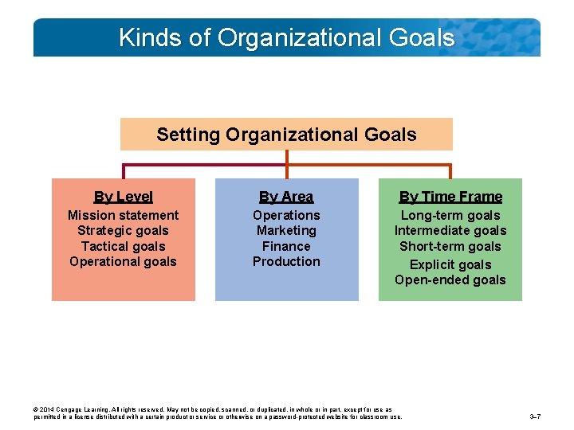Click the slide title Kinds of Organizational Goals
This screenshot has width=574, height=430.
coord(286,37)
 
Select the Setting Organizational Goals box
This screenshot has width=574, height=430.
coord(286,135)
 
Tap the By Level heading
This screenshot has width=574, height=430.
coord(123,197)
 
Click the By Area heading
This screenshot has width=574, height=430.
coord(286,197)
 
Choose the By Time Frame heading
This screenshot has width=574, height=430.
coord(450,197)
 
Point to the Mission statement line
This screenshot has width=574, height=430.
coord(123,215)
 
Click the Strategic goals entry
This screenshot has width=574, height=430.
coord(123,231)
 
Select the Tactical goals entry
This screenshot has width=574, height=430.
coord(123,246)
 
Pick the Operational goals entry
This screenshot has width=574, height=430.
coord(123,261)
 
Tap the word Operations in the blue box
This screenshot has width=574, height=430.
coord(286,215)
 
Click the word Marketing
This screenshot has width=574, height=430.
coord(286,231)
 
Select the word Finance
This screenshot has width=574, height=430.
coord(286,246)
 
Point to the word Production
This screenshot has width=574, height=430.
coord(286,261)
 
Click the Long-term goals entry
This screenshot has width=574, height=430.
coord(450,215)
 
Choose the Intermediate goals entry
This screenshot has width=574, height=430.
coord(450,231)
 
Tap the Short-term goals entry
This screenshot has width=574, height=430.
coord(450,246)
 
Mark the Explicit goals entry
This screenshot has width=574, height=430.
coord(450,264)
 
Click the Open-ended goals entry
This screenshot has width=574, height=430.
coord(450,279)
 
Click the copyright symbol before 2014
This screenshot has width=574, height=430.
coord(36,410)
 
